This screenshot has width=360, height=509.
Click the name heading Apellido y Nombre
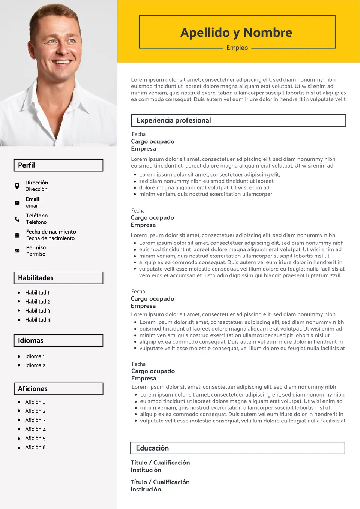tap(236, 33)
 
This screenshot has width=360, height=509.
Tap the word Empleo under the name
tap(237, 48)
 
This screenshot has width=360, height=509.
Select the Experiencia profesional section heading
tap(174, 120)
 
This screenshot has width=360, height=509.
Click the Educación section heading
tap(152, 448)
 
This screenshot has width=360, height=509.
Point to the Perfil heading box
tap(58, 165)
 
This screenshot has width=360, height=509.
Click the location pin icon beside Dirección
tap(17, 186)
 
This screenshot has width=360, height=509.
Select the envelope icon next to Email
tap(17, 202)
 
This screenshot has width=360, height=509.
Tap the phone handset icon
tap(17, 219)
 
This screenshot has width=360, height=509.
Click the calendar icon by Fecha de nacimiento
tap(17, 235)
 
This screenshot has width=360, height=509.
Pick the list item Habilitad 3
tap(37, 311)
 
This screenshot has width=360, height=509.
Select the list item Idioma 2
tap(35, 365)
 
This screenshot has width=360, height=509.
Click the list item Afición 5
tap(35, 438)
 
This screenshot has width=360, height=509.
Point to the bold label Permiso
tap(36, 247)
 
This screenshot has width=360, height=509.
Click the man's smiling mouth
tap(61, 62)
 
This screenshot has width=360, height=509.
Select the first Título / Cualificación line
tap(160, 463)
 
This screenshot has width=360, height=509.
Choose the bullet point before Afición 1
tap(19, 402)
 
